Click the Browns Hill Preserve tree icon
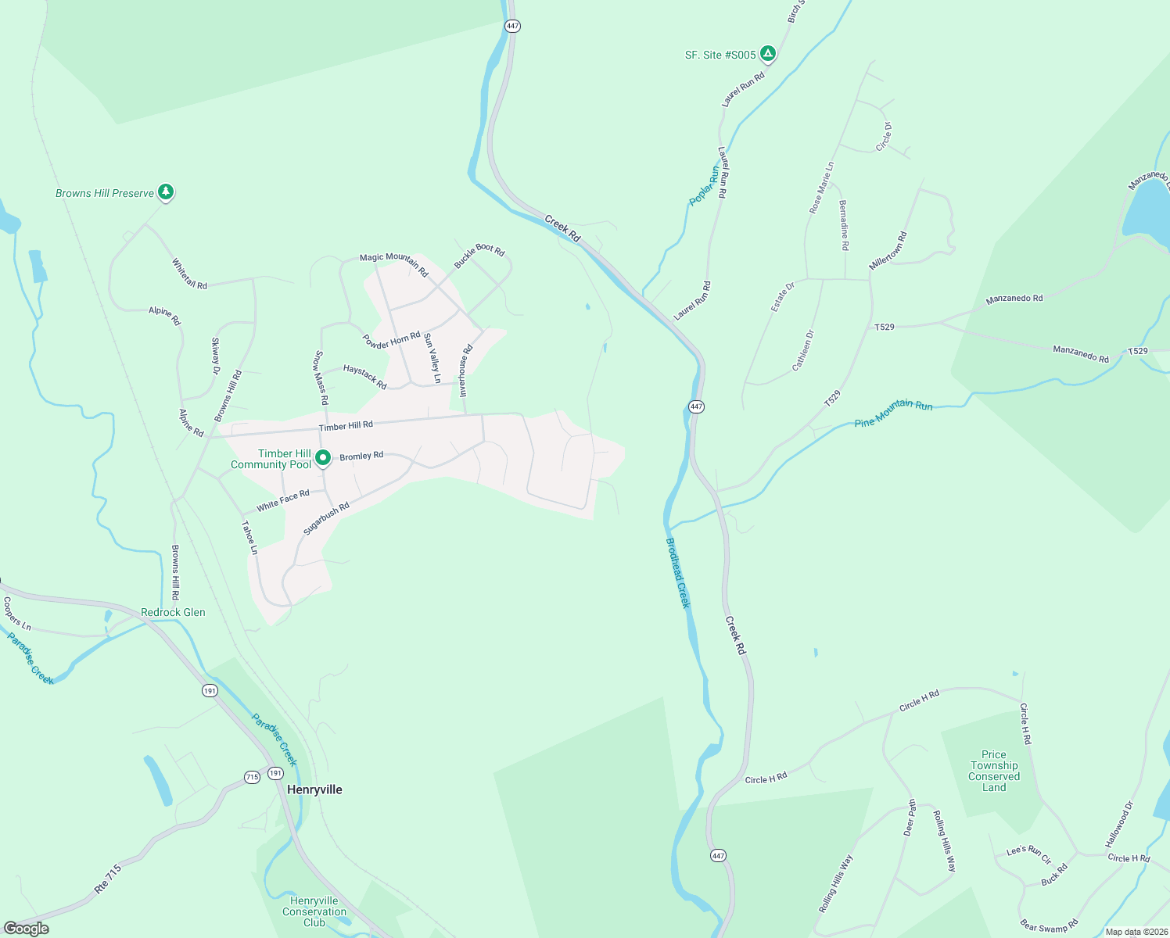click(x=165, y=192)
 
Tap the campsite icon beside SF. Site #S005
click(x=768, y=53)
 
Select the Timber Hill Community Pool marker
click(x=322, y=459)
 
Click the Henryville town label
click(x=314, y=789)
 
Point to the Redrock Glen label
click(x=173, y=612)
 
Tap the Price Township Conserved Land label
click(x=994, y=771)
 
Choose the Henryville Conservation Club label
click(x=314, y=911)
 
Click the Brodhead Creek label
click(x=678, y=572)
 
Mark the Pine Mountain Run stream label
click(x=893, y=414)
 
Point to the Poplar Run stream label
click(x=704, y=186)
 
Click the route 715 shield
click(x=252, y=777)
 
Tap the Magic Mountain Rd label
click(x=394, y=265)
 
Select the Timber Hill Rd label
click(x=346, y=426)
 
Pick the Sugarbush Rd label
click(x=326, y=518)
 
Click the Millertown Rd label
click(x=888, y=251)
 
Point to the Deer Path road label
click(x=910, y=818)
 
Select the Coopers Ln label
click(x=17, y=614)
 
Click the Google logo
click(x=27, y=929)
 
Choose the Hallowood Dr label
click(x=1119, y=825)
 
